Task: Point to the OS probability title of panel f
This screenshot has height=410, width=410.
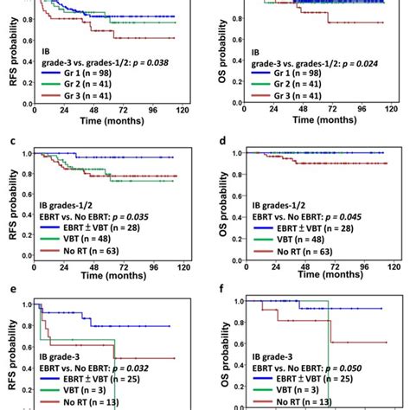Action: tap(227, 362)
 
